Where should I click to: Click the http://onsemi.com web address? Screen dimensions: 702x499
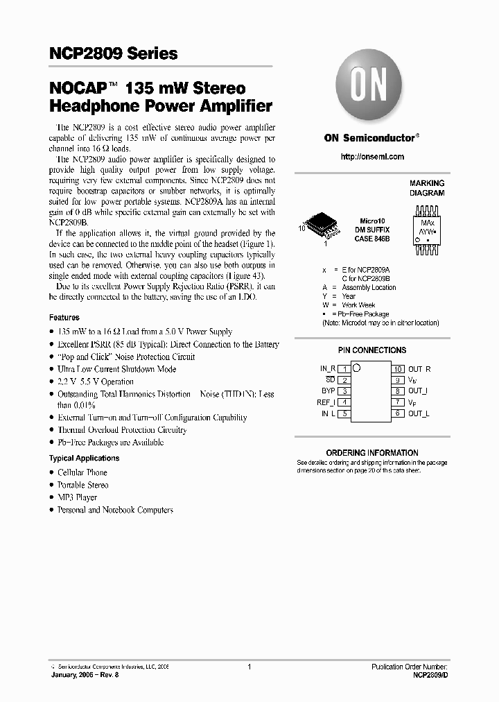pos(372,157)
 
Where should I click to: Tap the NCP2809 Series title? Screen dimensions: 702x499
pos(114,53)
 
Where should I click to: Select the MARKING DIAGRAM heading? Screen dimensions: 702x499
pos(427,189)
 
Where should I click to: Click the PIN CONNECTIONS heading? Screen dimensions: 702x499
pos(371,350)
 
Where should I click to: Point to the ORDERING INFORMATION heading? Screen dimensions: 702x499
pos(371,453)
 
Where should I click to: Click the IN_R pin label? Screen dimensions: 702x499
pos(328,369)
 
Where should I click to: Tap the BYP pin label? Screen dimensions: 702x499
pos(329,391)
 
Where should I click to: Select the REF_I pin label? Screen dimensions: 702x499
pos(326,402)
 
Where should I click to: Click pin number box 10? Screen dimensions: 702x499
pos(398,369)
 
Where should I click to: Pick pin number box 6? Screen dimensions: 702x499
pos(398,413)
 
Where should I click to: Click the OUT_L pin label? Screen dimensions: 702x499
pos(419,413)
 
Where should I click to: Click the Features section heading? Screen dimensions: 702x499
pos(64,317)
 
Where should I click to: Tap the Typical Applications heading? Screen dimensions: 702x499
pos(84,459)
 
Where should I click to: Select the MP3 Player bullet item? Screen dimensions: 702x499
pos(77,497)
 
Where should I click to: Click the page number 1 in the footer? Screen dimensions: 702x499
pos(249,667)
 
